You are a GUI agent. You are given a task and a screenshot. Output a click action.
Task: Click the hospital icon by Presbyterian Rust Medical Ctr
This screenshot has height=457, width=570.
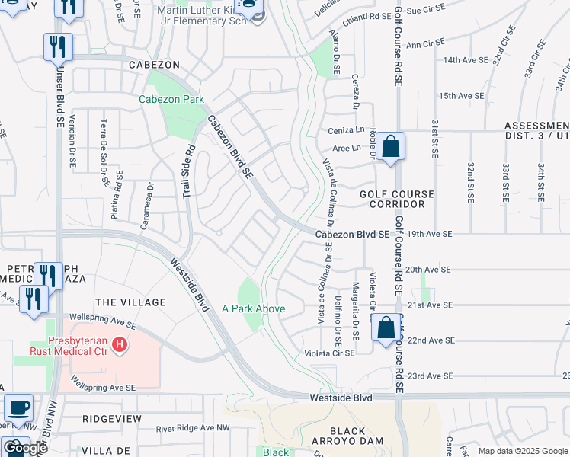[x=120, y=345]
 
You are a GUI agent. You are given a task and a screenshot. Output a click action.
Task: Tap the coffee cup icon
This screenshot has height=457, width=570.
[x=18, y=407]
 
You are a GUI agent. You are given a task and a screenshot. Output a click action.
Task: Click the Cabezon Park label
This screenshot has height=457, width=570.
[x=171, y=99]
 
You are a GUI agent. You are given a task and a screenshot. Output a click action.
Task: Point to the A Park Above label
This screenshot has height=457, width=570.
[x=254, y=308]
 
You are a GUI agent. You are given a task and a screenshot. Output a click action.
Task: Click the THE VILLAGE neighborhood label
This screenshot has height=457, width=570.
[x=130, y=302]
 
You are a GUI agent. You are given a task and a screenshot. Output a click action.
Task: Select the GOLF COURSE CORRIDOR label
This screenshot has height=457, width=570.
[x=397, y=200]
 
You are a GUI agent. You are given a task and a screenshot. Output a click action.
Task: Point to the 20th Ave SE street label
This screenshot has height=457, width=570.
[x=429, y=269]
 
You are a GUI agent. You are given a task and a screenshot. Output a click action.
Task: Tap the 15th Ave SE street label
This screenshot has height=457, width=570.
[x=461, y=96]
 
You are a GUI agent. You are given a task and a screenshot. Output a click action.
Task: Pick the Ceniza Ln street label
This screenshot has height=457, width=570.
[x=343, y=130]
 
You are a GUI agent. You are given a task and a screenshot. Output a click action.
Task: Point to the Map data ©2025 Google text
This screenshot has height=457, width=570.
[x=522, y=451]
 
